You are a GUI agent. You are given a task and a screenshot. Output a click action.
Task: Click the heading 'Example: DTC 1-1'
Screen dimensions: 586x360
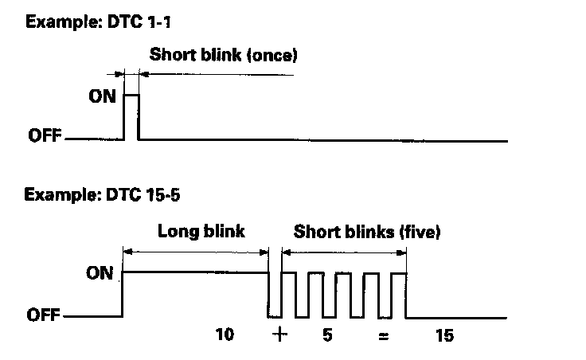pos(98,22)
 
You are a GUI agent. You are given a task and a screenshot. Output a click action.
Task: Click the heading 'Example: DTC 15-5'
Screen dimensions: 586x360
pos(102,195)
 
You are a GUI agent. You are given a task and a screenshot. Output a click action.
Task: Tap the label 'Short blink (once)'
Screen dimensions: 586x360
pos(224,55)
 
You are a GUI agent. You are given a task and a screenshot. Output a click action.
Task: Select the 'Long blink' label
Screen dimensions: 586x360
pos(201,231)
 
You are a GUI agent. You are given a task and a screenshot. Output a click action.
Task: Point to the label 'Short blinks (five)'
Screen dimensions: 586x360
pos(367,232)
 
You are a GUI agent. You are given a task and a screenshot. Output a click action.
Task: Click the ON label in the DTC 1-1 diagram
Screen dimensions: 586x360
pos(103,96)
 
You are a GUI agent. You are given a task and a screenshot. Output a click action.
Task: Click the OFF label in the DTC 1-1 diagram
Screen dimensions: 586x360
pos(45,135)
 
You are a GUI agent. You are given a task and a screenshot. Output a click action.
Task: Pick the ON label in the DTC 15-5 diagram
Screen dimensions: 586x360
pos(100,273)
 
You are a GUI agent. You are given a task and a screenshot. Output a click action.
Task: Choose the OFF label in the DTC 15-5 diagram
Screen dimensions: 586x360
pos(43,315)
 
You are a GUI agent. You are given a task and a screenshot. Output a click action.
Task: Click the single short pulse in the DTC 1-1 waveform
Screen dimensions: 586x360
pos(131,96)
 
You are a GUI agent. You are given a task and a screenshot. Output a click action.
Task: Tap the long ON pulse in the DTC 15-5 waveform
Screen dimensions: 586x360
pos(195,272)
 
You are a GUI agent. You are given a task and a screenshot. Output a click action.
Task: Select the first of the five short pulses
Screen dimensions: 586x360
pos(289,273)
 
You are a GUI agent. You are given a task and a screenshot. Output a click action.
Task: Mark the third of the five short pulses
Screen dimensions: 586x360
pos(343,273)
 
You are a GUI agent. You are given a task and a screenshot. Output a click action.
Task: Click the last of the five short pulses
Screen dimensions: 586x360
pos(399,273)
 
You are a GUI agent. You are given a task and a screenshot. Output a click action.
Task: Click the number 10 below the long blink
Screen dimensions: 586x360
pos(225,335)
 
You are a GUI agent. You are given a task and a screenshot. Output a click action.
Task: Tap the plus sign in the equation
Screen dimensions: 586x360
pos(279,334)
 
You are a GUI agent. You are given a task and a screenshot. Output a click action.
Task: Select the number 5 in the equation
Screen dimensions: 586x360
pos(327,335)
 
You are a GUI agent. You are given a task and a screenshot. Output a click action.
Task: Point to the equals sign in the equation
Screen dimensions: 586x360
pos(384,337)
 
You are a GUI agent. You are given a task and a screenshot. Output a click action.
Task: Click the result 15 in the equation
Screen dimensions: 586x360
pos(445,335)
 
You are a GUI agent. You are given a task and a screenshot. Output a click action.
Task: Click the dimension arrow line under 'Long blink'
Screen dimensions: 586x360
pos(195,252)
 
